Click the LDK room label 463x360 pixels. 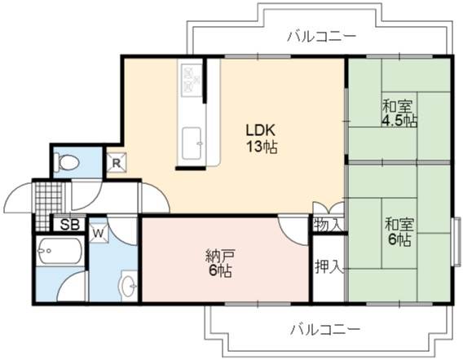261,130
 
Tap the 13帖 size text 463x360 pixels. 262,147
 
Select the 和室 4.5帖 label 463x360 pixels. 399,113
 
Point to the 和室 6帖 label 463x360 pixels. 399,232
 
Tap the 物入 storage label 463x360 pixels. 328,225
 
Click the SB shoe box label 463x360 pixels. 70,225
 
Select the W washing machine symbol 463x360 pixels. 99,234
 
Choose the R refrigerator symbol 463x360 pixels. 117,163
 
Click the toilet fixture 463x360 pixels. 68,163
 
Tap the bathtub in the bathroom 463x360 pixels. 60,251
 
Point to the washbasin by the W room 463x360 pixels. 130,286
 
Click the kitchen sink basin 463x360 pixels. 192,143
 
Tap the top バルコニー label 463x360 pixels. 322,37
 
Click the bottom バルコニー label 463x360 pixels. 325,329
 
